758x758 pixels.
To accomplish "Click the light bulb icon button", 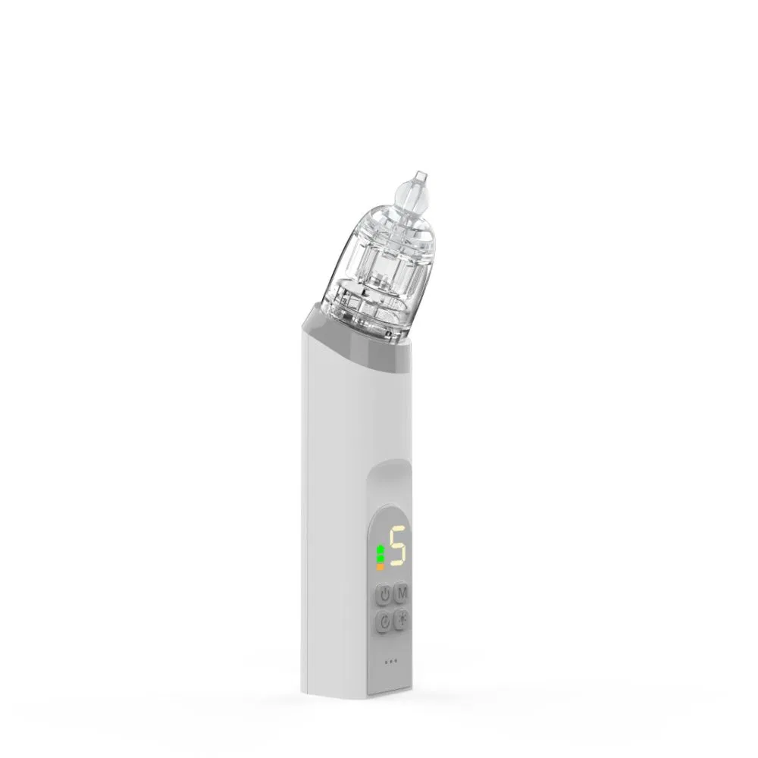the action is point(402,621).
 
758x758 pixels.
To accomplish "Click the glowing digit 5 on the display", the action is point(397,547).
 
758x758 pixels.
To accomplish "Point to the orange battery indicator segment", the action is point(380,566).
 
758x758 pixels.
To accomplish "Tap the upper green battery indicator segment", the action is point(381,550).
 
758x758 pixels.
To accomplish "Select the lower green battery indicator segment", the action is point(381,559).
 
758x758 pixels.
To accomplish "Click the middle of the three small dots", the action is point(390,662).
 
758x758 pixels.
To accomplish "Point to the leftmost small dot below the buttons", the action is point(386,662).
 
